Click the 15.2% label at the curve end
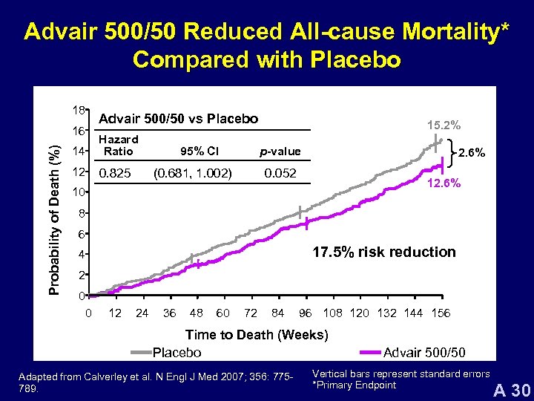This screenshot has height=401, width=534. tap(444, 125)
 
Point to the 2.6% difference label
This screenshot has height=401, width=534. tap(472, 153)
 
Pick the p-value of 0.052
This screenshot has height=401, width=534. tap(280, 174)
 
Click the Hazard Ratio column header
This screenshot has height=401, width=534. tap(119, 146)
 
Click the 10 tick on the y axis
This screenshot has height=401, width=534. tap(78, 193)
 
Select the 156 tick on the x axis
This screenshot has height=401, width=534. tap(441, 313)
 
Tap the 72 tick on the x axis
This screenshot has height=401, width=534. tap(251, 313)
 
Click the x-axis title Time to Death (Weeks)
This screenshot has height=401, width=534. tap(257, 335)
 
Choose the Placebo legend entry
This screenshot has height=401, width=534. tap(177, 352)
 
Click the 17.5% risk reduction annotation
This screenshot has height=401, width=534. tap(383, 252)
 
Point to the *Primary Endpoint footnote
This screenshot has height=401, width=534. tap(355, 385)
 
